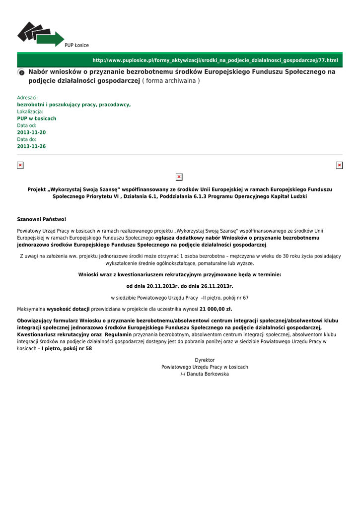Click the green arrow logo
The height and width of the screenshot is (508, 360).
tap(41, 34)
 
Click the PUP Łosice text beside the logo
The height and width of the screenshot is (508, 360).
tap(76, 45)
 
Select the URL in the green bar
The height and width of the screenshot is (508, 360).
tap(215, 60)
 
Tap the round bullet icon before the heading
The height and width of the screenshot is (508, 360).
tap(21, 72)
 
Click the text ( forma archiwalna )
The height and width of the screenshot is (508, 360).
tap(171, 81)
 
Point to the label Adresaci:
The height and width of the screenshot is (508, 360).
tap(27, 98)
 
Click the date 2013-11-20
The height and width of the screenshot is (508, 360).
tap(31, 132)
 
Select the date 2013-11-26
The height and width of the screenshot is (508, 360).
tap(31, 146)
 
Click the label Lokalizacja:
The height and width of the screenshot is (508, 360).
tap(30, 112)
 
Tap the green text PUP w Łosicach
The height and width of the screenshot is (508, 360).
tap(37, 119)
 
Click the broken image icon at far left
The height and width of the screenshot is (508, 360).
tap(20, 165)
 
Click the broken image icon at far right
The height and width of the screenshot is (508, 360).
tap(340, 165)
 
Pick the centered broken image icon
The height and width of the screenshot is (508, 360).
tap(179, 177)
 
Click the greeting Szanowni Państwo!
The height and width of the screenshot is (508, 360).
tap(42, 219)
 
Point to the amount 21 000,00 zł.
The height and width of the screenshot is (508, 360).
tap(216, 309)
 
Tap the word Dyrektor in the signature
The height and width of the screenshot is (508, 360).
tap(205, 360)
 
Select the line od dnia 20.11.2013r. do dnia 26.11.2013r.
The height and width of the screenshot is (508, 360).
tap(180, 286)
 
